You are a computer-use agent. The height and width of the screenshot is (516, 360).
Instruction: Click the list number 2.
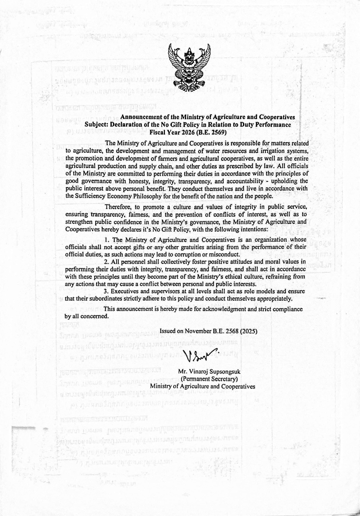click(x=107, y=262)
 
